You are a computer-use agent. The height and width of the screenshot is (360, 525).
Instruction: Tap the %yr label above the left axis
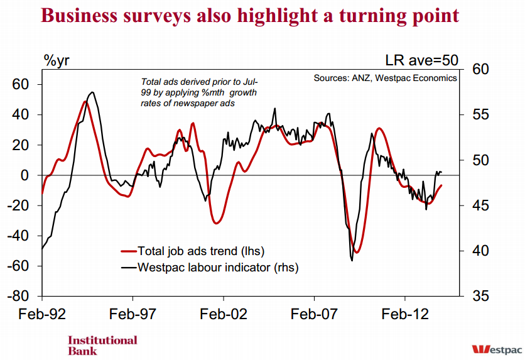tap(57, 61)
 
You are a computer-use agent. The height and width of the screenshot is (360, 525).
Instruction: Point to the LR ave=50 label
tap(421, 61)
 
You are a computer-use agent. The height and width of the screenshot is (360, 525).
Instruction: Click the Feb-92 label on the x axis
tap(43, 314)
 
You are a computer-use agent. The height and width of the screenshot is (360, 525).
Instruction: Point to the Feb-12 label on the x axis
tap(405, 314)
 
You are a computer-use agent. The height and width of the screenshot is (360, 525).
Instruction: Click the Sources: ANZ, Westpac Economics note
tap(386, 79)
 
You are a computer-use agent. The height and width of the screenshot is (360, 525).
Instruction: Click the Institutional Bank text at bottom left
tap(102, 345)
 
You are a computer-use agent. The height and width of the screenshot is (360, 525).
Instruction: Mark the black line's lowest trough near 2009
tap(352, 260)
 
